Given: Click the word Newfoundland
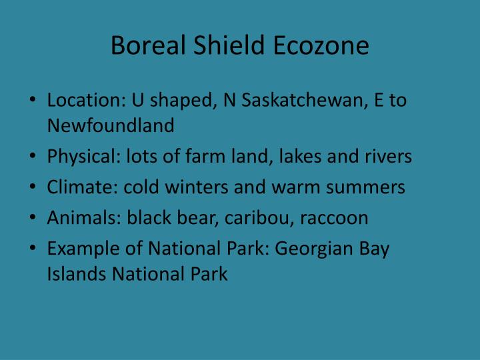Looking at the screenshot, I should (111, 125).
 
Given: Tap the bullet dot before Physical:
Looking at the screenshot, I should (33, 157).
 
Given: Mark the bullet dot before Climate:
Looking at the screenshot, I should (33, 188).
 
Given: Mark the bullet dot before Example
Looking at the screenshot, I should (33, 249).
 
